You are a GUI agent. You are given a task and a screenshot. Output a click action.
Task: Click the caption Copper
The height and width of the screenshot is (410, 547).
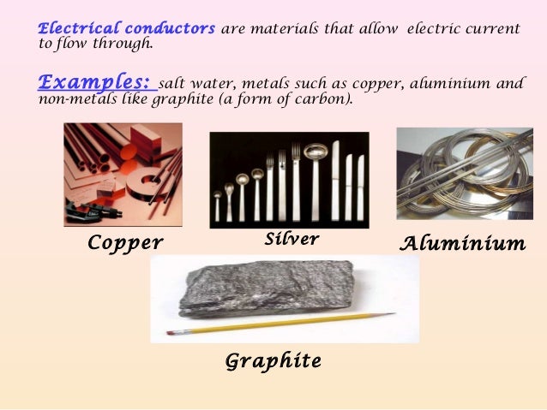[125, 244]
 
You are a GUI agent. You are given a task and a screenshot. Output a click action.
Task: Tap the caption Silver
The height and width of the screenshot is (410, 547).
[292, 239]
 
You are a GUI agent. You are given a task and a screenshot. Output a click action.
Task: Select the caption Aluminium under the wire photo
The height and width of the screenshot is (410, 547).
[463, 244]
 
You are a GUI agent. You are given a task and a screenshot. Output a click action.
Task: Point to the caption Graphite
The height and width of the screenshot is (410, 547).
[273, 361]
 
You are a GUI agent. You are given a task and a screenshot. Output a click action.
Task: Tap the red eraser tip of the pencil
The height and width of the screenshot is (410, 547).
[170, 332]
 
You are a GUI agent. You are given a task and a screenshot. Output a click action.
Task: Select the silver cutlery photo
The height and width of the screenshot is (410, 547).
[289, 179]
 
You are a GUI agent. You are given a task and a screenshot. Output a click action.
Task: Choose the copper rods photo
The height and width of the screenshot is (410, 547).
[123, 174]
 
